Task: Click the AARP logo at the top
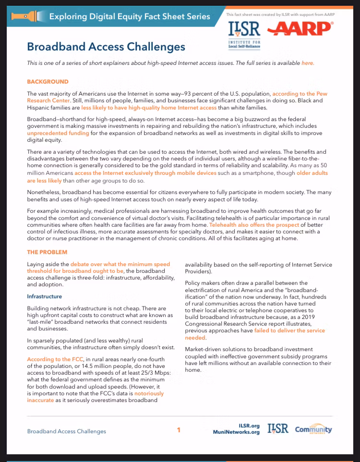click(x=300, y=29)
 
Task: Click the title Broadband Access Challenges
click(x=106, y=47)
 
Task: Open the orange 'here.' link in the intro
click(x=308, y=63)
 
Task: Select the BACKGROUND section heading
click(x=48, y=82)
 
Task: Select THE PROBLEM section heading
click(x=47, y=252)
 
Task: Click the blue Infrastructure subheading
click(x=44, y=296)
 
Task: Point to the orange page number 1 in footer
click(x=179, y=430)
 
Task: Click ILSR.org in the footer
click(x=249, y=426)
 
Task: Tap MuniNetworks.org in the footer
click(x=236, y=432)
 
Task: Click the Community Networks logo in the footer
click(x=313, y=429)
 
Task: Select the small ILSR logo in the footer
click(x=278, y=429)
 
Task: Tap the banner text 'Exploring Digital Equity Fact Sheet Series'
click(x=130, y=17)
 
